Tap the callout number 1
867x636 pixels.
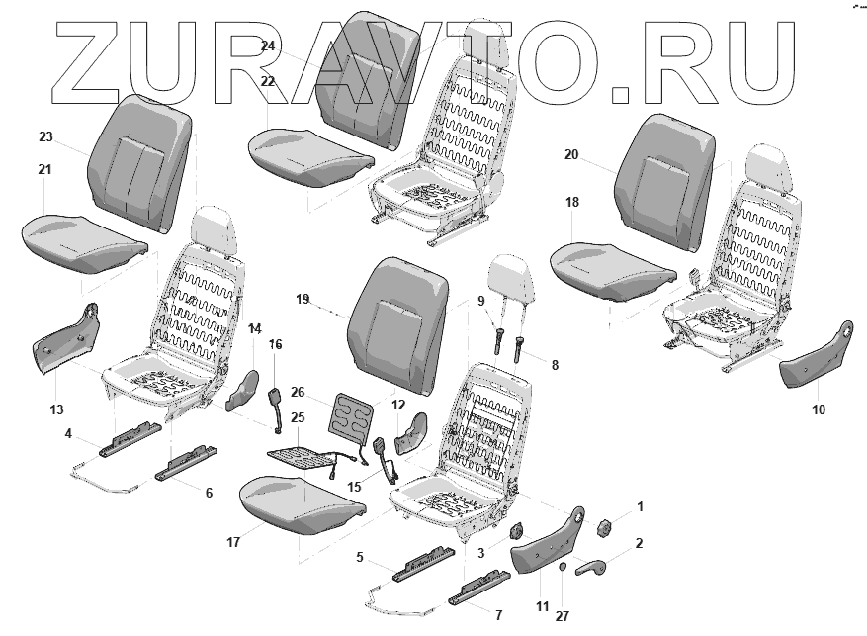[x=640, y=506]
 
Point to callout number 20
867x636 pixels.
[x=571, y=154]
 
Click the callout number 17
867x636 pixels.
[x=234, y=542]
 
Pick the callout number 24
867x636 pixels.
[x=268, y=46]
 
